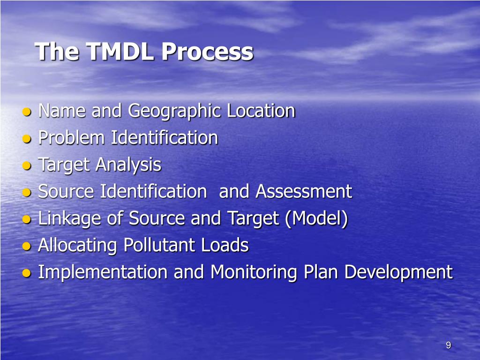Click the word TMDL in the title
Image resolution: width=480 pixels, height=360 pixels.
[120, 52]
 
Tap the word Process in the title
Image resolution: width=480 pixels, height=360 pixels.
[207, 52]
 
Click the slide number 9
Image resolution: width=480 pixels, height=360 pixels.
[448, 345]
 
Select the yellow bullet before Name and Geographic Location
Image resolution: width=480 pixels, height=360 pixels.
[27, 112]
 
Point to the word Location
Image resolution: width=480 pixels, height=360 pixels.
[261, 111]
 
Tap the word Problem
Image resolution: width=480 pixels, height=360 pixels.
[72, 138]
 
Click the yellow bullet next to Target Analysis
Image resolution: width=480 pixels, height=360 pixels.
[27, 166]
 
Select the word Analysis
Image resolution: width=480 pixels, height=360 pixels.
[128, 165]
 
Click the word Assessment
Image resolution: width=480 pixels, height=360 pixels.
[304, 191]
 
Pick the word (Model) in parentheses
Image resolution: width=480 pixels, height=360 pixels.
[317, 219]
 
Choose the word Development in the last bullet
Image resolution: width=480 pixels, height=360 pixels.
[398, 272]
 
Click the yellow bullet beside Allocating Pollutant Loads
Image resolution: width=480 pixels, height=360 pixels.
[27, 247]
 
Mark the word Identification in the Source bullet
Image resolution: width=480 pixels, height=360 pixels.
[152, 191]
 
